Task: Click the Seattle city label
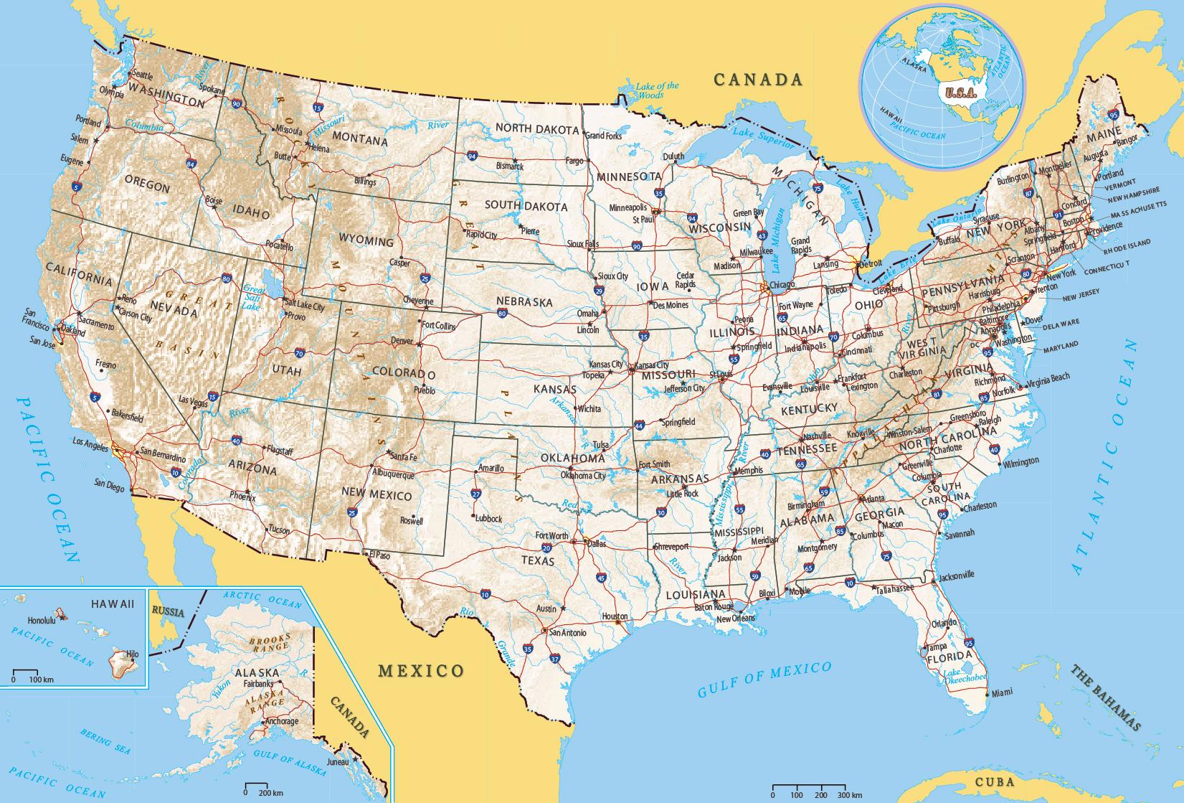pyautogui.click(x=143, y=75)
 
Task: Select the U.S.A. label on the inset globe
pyautogui.click(x=960, y=93)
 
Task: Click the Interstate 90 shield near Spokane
pyautogui.click(x=236, y=104)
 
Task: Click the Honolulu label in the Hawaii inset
pyautogui.click(x=41, y=620)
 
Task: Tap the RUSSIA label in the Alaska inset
pyautogui.click(x=168, y=612)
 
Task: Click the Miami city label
pyautogui.click(x=1002, y=692)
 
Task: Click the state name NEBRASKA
pyautogui.click(x=524, y=302)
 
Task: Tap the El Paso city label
pyautogui.click(x=379, y=555)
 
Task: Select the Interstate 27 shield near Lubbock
pyautogui.click(x=476, y=494)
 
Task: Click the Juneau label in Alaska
pyautogui.click(x=338, y=761)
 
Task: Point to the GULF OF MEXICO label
pyautogui.click(x=764, y=679)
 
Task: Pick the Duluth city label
pyautogui.click(x=673, y=156)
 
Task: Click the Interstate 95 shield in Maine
pyautogui.click(x=1113, y=115)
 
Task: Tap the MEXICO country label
pyautogui.click(x=421, y=671)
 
